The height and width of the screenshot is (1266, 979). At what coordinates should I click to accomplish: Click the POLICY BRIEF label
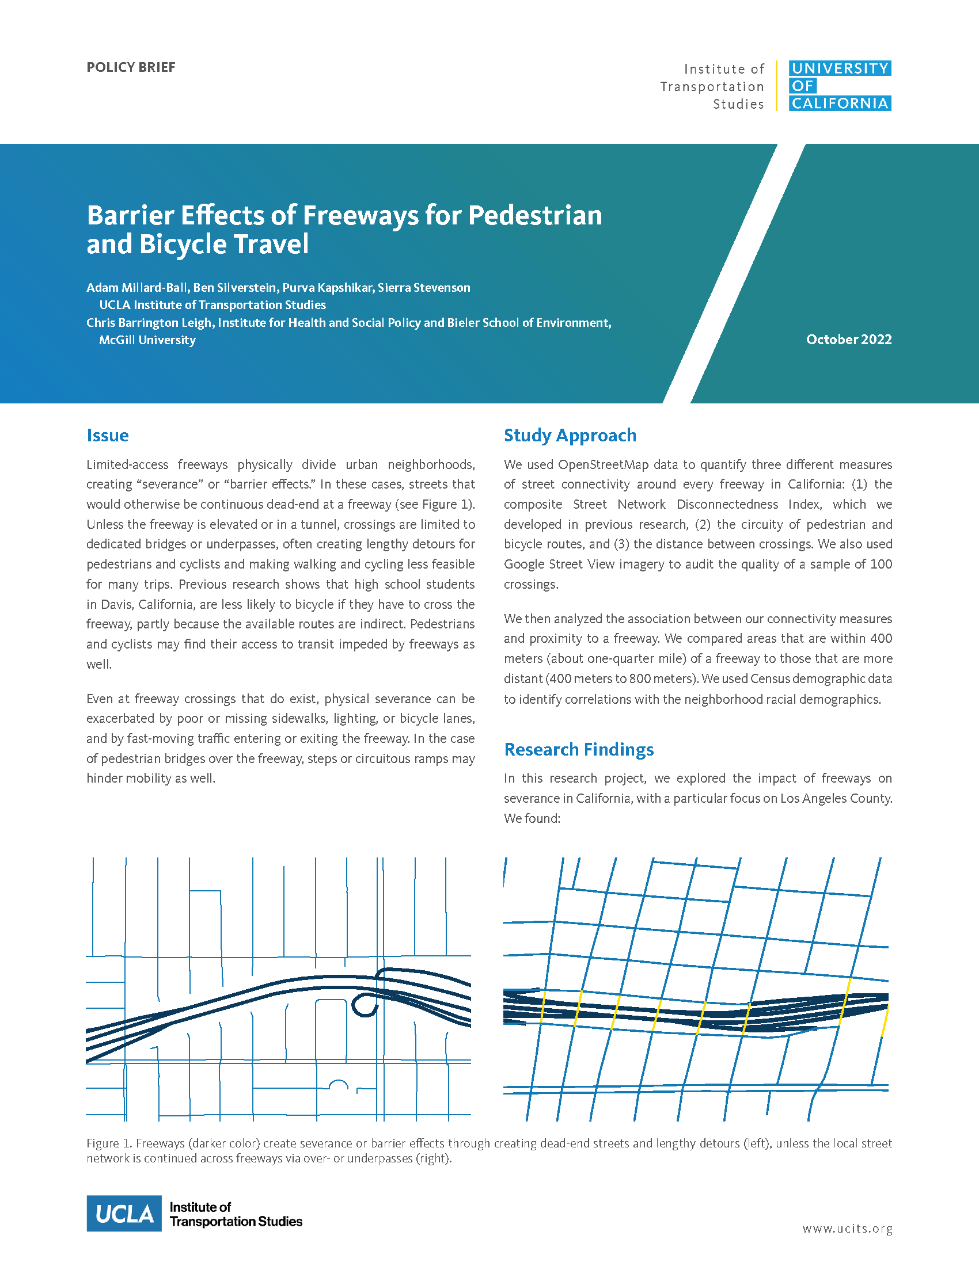(131, 67)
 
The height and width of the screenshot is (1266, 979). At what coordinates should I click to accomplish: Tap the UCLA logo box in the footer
(124, 1213)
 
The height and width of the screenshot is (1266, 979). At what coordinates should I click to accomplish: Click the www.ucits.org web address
(847, 1229)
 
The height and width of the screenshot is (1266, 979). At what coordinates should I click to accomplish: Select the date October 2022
(848, 340)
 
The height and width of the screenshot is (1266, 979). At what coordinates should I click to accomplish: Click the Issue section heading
(107, 436)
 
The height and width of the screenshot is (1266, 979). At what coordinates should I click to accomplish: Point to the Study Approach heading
(570, 436)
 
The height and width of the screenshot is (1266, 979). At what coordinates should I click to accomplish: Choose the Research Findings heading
(578, 749)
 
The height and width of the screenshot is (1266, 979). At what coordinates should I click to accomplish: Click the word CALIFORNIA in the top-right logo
(839, 104)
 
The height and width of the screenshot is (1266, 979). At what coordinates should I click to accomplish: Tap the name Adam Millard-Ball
(137, 288)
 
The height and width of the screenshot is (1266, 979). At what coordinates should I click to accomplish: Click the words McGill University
(147, 340)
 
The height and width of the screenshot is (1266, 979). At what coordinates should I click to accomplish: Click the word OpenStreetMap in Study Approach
(602, 465)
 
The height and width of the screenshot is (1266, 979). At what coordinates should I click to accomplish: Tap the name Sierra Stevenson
(423, 288)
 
